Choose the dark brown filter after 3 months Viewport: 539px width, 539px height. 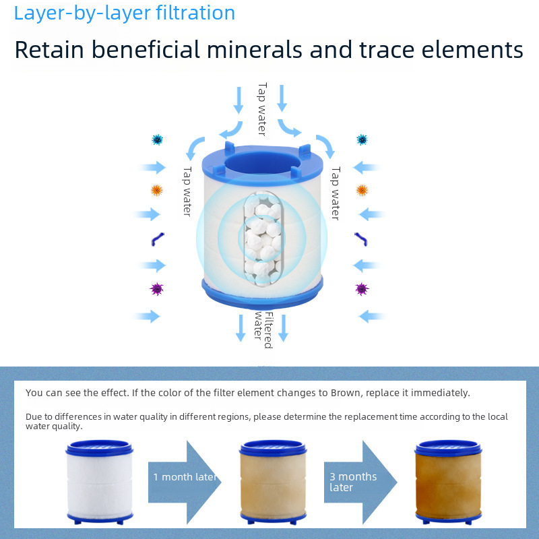click(x=447, y=480)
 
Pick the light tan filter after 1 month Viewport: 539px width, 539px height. click(x=272, y=480)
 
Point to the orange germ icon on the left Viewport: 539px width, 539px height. click(x=157, y=191)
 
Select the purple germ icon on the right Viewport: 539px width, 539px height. click(x=362, y=289)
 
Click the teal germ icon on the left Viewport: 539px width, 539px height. click(x=157, y=139)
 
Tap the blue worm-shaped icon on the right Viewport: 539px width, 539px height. click(x=360, y=239)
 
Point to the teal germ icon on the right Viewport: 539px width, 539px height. click(x=362, y=139)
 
